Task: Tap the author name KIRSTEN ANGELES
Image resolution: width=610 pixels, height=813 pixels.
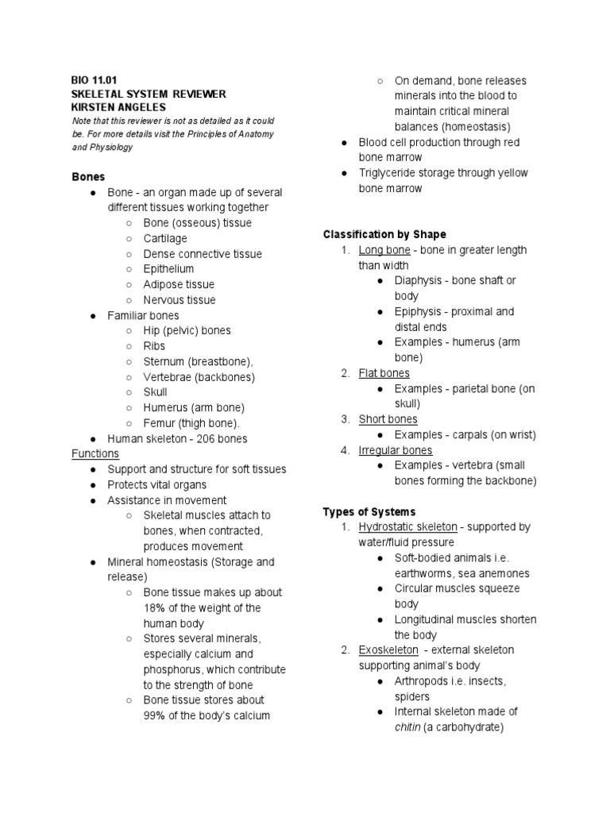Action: pyautogui.click(x=118, y=107)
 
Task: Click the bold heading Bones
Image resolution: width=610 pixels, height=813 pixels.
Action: pyautogui.click(x=88, y=176)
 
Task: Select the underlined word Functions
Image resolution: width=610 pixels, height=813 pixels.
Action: pyautogui.click(x=95, y=453)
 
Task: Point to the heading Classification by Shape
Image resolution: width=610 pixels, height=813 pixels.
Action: pyautogui.click(x=384, y=234)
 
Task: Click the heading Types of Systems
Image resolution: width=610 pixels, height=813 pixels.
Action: pyautogui.click(x=369, y=511)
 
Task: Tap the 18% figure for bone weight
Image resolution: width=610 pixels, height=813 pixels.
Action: pyautogui.click(x=155, y=608)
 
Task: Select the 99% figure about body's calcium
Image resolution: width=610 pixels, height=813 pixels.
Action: pyautogui.click(x=155, y=715)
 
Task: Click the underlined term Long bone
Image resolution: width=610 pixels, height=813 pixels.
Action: pyautogui.click(x=384, y=250)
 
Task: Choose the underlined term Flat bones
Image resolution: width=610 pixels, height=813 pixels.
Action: pyautogui.click(x=384, y=373)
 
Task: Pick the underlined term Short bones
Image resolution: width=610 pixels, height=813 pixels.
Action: pyautogui.click(x=388, y=419)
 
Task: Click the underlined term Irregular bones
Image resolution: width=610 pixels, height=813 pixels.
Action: pyautogui.click(x=396, y=450)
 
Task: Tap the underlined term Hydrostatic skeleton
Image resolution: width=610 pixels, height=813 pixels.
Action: pyautogui.click(x=407, y=526)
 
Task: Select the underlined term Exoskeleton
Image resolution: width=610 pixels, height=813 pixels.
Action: pyautogui.click(x=388, y=649)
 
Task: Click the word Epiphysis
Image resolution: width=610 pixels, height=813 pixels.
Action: pyautogui.click(x=420, y=311)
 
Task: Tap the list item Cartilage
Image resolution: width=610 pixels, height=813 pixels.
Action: pyautogui.click(x=165, y=238)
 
